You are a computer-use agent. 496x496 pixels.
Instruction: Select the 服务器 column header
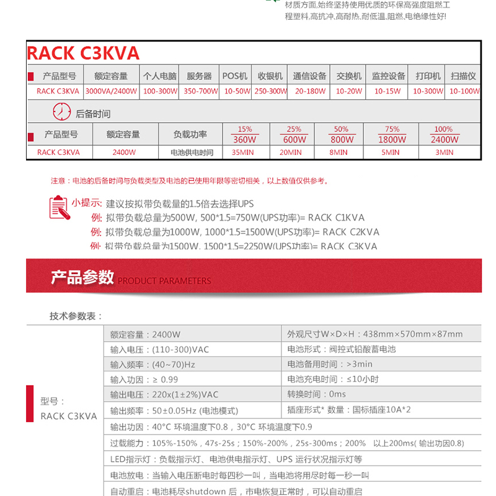click(199, 76)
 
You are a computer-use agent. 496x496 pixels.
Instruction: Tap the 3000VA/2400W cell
click(111, 91)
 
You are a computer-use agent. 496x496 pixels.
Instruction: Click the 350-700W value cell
click(200, 91)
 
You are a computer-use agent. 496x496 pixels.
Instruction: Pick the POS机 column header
click(235, 76)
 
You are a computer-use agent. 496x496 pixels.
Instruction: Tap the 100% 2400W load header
click(444, 135)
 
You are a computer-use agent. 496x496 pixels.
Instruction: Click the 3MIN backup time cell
click(444, 152)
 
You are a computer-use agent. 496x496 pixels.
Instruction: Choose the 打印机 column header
click(428, 76)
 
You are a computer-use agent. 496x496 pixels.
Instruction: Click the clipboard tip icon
click(58, 207)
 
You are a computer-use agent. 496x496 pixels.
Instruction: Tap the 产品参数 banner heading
click(82, 277)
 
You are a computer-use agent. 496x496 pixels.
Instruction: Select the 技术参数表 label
click(76, 316)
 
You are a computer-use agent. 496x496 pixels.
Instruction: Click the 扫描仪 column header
click(463, 76)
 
